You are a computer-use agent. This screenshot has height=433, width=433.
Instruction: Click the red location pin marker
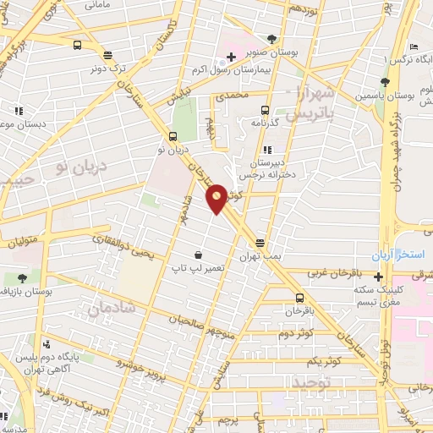(216, 199)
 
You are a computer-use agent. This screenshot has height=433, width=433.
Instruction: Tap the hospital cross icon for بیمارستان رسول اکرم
(231, 56)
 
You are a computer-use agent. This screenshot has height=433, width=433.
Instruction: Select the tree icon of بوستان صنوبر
(271, 38)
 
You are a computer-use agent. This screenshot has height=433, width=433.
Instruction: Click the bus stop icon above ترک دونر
(78, 46)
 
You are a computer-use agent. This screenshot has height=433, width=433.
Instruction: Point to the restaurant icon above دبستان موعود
(18, 110)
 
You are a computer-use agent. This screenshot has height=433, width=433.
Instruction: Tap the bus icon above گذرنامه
(265, 110)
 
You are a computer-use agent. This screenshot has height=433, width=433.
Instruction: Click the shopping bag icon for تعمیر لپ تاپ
(198, 255)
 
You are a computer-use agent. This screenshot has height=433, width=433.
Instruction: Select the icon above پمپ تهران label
(260, 244)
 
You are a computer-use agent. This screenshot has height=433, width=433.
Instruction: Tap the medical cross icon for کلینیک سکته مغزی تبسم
(379, 277)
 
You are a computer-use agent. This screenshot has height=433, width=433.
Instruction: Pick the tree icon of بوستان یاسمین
(385, 82)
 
